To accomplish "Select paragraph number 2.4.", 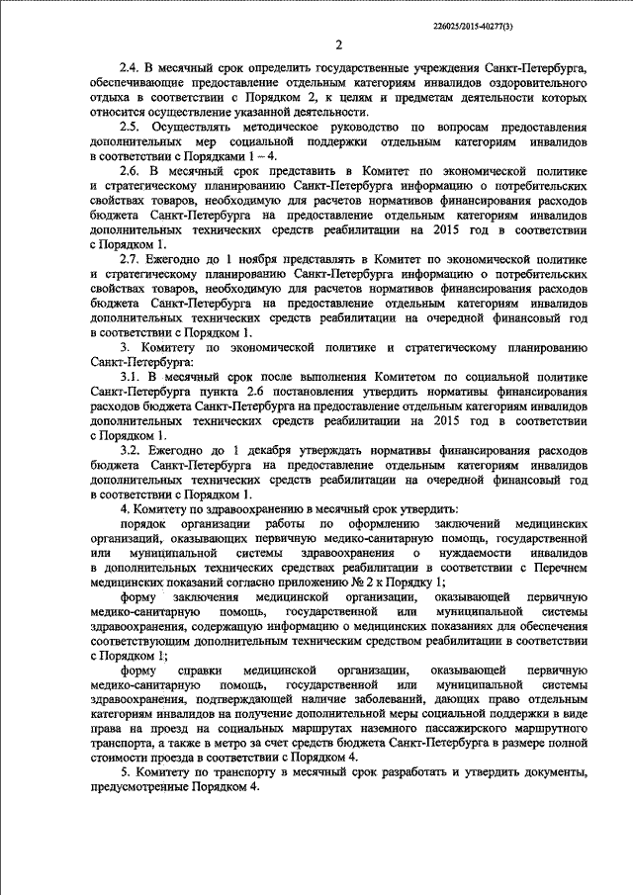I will click(129, 69).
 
